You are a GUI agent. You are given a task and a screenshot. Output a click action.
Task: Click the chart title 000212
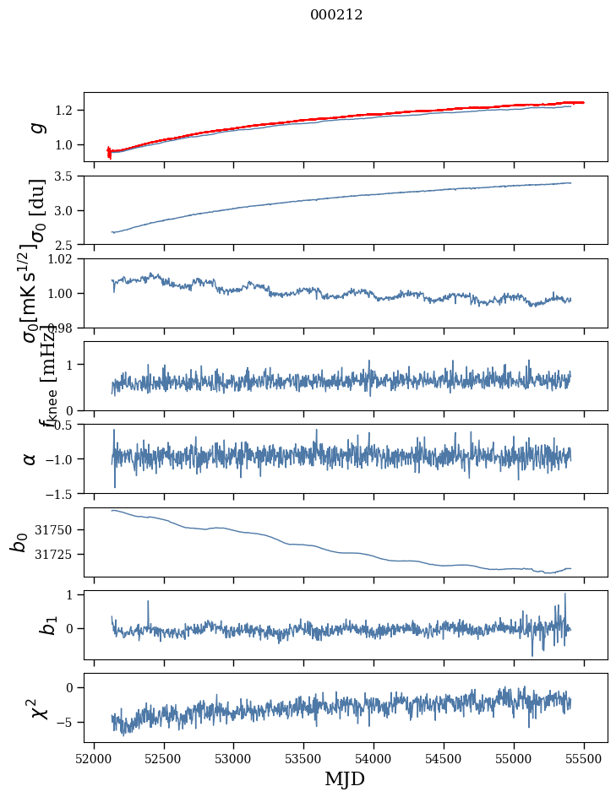tap(335, 14)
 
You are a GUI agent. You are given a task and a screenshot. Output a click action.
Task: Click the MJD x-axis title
tap(345, 778)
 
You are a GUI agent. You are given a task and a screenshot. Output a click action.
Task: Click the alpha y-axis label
tap(30, 458)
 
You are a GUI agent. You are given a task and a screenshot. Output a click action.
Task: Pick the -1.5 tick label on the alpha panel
tap(63, 493)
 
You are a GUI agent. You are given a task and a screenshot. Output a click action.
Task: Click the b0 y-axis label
tap(19, 542)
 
